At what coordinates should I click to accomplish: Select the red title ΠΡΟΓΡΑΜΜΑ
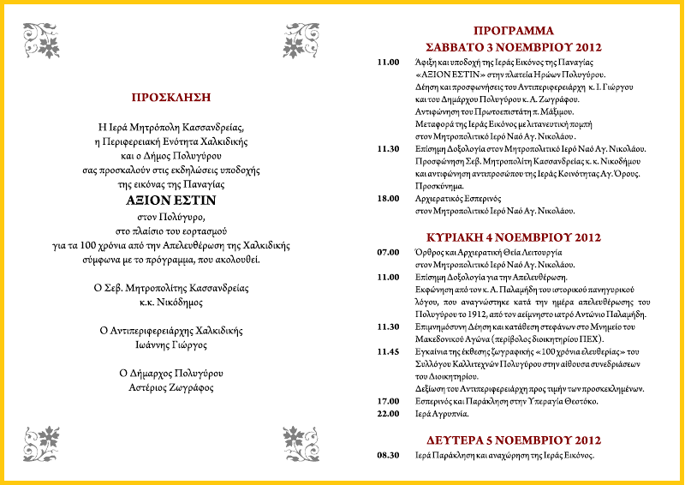pos(514,31)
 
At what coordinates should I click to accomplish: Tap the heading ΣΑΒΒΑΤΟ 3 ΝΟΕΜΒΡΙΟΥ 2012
pos(514,46)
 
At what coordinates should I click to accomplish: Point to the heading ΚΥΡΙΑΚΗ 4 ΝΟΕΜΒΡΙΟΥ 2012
pos(514,236)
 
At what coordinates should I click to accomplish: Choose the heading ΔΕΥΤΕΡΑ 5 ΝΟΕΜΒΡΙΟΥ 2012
pos(514,438)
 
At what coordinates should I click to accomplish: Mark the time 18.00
pos(389,198)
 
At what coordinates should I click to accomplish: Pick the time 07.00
pos(389,253)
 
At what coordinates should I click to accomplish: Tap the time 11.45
pos(389,351)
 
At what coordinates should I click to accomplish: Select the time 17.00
pos(389,400)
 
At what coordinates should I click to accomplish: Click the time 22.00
pos(389,413)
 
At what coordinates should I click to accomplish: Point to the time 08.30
pos(389,455)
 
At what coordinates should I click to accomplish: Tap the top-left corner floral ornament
pos(42,38)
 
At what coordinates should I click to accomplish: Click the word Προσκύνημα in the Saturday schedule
pos(442,185)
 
